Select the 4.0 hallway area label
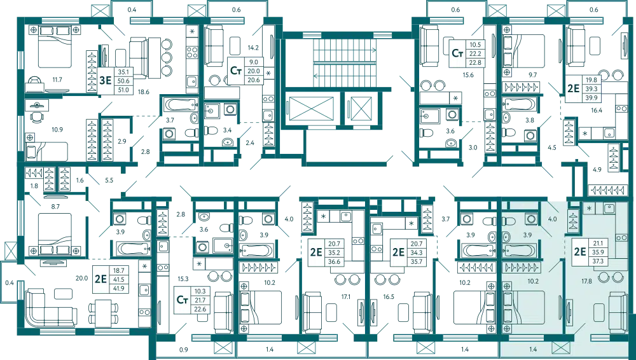point(553,219)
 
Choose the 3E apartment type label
point(105,81)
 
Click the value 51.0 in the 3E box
point(123,90)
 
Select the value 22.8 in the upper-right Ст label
point(474,63)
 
